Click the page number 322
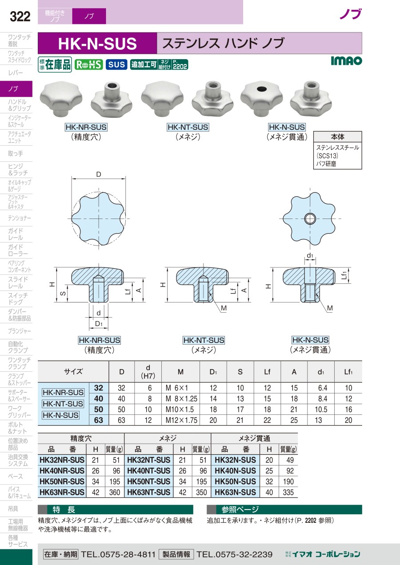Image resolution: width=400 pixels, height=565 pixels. (20, 16)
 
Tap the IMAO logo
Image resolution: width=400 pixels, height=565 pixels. (346, 61)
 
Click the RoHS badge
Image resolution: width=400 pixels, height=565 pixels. (88, 64)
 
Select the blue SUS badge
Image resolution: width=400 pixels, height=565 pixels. (116, 64)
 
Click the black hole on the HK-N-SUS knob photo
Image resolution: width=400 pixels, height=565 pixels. (261, 88)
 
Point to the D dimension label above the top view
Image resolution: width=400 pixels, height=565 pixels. (98, 174)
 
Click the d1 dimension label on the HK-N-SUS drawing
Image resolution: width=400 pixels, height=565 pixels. (310, 255)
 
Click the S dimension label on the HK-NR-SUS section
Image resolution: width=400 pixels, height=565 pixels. (64, 293)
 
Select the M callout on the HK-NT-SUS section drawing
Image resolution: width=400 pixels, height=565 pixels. (224, 308)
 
